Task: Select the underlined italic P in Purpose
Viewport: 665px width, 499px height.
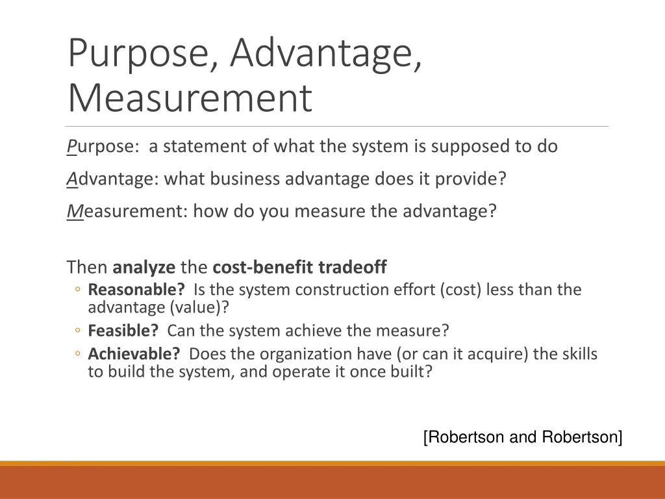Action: click(71, 146)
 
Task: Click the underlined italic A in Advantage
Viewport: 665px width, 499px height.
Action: click(71, 179)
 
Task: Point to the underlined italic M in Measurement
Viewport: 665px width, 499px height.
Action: click(75, 211)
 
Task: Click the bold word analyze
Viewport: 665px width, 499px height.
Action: click(144, 267)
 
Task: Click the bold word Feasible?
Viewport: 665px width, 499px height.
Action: click(123, 331)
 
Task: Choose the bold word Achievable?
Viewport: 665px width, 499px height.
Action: click(134, 354)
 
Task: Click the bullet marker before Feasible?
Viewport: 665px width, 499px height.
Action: click(77, 331)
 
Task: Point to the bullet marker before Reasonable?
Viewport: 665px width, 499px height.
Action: click(77, 290)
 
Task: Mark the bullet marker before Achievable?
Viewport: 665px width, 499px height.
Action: click(77, 355)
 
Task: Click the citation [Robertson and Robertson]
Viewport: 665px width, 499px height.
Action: click(523, 437)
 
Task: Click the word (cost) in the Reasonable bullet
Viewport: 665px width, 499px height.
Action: click(460, 289)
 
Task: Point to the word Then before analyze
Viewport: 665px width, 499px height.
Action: click(87, 267)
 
